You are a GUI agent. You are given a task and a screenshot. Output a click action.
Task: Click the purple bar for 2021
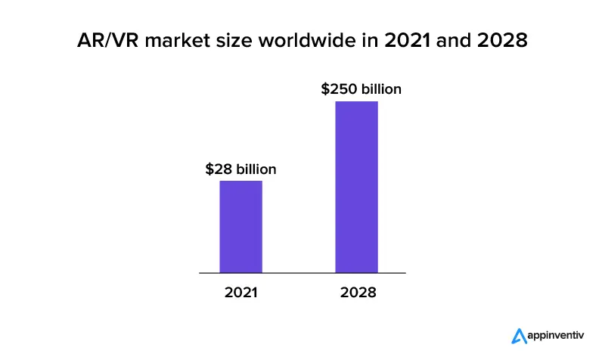[240, 226]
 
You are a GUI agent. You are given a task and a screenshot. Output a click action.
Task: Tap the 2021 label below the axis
[240, 292]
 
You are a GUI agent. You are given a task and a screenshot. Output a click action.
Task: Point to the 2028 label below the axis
[356, 292]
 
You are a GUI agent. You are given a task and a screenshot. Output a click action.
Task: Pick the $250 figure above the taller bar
[337, 89]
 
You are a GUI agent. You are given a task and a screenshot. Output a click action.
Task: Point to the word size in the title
[236, 41]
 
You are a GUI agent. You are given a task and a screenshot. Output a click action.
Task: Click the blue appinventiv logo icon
[518, 335]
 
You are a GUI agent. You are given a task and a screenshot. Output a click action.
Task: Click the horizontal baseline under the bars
[302, 272]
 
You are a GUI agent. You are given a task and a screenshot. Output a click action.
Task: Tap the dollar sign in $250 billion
[325, 89]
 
